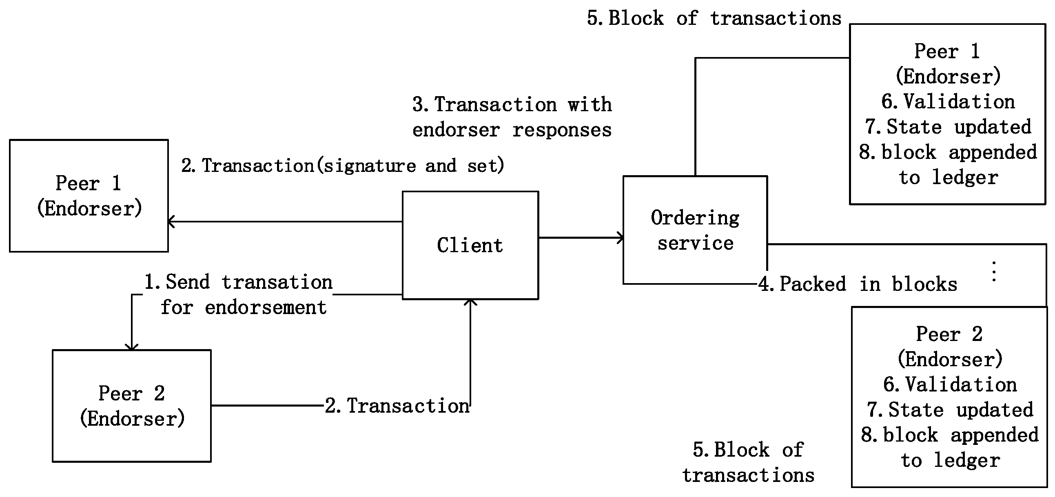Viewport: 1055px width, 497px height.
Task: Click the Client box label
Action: (x=470, y=245)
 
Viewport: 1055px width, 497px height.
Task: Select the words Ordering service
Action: (x=695, y=230)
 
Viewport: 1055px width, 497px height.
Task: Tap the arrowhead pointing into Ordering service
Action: (x=621, y=238)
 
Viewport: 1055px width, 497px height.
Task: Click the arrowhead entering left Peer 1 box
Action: (x=171, y=222)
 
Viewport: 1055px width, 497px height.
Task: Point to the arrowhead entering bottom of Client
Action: (x=470, y=302)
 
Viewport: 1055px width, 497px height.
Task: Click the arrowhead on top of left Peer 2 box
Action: (x=131, y=347)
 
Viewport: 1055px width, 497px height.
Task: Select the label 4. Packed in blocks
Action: (x=858, y=284)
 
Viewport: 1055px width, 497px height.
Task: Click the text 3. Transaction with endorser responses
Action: (x=512, y=117)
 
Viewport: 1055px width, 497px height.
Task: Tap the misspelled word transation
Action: (x=277, y=282)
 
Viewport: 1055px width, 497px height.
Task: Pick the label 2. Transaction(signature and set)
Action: (x=342, y=166)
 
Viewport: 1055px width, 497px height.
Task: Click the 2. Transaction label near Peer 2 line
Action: (x=397, y=406)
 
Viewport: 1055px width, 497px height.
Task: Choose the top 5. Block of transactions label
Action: (x=714, y=18)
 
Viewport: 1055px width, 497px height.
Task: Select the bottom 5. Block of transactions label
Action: (x=748, y=462)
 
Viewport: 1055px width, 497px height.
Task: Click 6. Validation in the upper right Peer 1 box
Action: (x=948, y=102)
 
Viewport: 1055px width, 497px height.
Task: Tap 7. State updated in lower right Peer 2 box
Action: (x=950, y=410)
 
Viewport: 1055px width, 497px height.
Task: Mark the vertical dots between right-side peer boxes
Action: (x=994, y=272)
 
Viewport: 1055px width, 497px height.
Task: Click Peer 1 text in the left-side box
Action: (x=89, y=183)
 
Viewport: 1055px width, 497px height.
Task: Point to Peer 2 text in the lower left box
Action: (x=131, y=394)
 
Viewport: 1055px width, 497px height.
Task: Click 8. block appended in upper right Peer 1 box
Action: (x=948, y=153)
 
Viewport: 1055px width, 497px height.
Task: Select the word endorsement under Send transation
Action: (x=266, y=308)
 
